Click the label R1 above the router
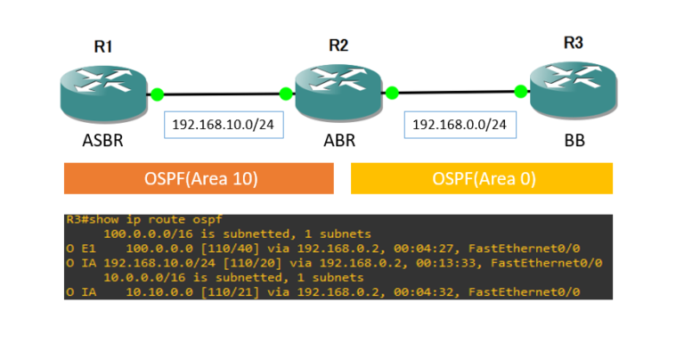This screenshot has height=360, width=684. [104, 46]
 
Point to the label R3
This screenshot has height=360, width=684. [574, 42]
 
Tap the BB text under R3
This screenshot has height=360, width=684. [574, 140]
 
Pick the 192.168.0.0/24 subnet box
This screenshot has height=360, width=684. [460, 124]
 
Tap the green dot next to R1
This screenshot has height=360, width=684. [158, 94]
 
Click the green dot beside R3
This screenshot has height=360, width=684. [520, 91]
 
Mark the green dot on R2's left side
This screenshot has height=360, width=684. [286, 94]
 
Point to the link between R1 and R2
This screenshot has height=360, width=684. [222, 94]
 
